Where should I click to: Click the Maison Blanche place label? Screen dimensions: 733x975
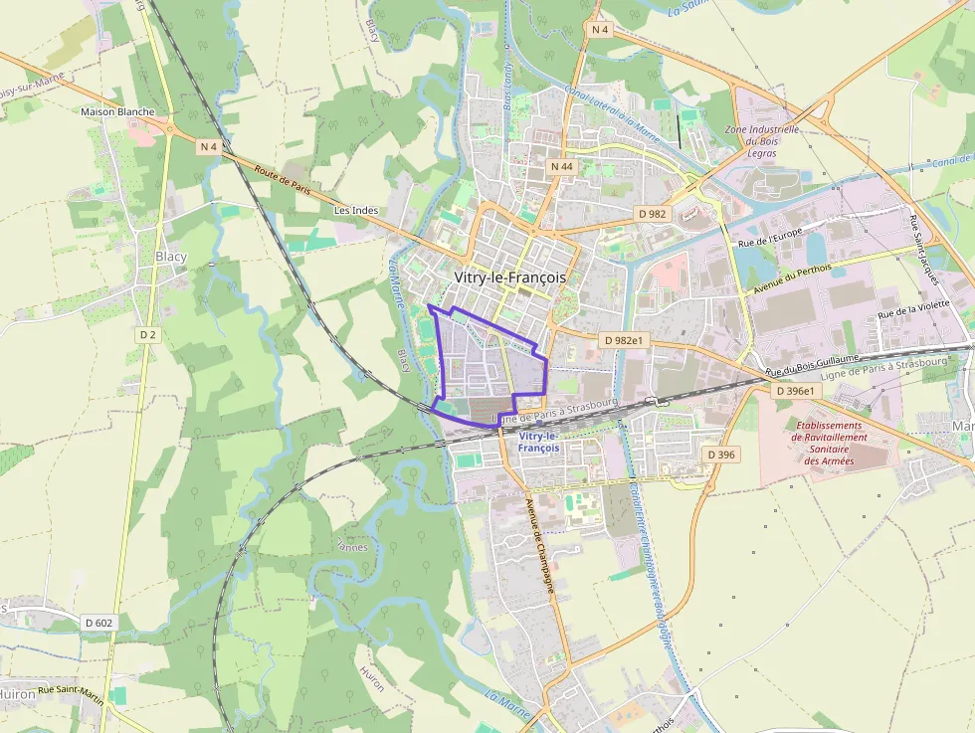(x=117, y=111)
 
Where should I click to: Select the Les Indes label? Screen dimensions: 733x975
(x=356, y=211)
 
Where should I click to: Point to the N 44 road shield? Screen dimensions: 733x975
(x=562, y=166)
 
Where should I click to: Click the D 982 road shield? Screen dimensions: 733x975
(x=652, y=214)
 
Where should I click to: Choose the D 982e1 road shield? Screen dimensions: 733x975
(x=624, y=340)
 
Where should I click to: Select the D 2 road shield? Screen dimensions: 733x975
(x=148, y=335)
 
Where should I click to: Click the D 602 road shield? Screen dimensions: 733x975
(x=98, y=623)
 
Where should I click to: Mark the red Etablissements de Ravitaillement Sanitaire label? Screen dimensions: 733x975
(x=830, y=444)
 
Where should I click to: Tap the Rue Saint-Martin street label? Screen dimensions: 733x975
(x=71, y=690)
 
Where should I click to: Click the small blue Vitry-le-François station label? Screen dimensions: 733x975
(x=539, y=442)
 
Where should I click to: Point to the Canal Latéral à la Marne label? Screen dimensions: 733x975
(x=611, y=112)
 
